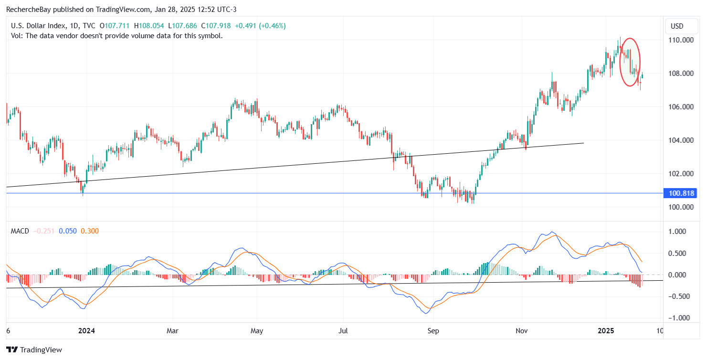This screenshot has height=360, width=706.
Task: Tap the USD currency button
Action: [x=677, y=26]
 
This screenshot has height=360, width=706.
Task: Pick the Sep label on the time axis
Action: [x=433, y=330]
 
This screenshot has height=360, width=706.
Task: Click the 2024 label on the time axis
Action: [x=87, y=330]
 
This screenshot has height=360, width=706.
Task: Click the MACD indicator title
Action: [x=20, y=231]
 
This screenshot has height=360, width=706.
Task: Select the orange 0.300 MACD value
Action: [x=90, y=231]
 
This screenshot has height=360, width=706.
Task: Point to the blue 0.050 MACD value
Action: [x=68, y=231]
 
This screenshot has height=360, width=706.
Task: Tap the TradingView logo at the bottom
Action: [x=34, y=349]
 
